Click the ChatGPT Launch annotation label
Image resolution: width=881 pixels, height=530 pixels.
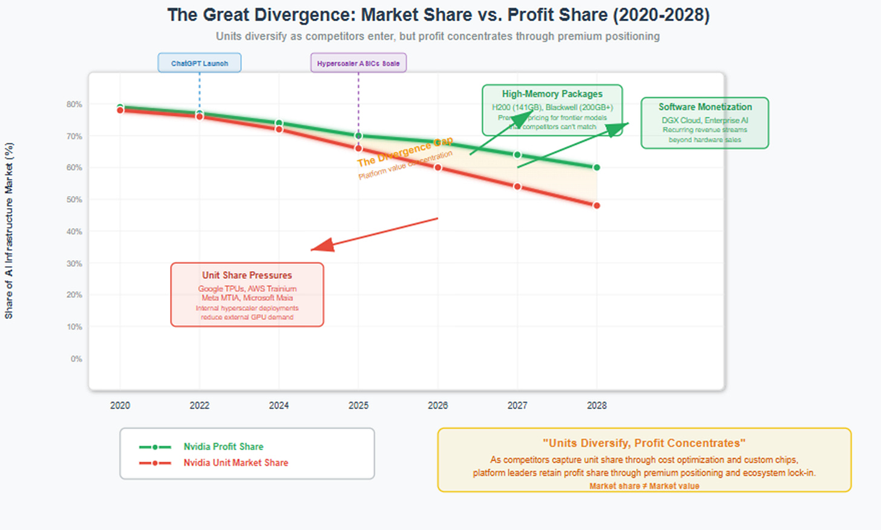click(199, 63)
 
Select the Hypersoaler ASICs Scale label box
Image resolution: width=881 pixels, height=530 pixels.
click(358, 63)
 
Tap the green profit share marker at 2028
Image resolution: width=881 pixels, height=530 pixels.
click(597, 168)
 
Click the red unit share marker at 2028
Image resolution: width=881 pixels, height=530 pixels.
click(597, 206)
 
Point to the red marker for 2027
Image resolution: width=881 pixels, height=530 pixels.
click(517, 186)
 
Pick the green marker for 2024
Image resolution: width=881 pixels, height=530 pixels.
click(279, 123)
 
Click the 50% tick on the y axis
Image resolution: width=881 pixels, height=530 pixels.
click(74, 200)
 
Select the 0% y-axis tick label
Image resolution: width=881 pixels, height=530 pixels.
click(76, 359)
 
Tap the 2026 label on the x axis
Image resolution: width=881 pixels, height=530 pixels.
click(437, 405)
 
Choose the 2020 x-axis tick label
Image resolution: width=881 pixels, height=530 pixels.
click(120, 405)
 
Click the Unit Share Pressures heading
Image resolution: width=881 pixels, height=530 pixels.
click(247, 275)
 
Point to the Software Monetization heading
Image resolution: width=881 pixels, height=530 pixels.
click(705, 107)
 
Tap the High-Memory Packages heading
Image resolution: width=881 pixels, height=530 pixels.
click(552, 94)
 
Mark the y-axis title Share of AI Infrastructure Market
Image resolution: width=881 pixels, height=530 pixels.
click(9, 231)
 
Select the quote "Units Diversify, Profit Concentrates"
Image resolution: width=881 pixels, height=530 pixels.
click(644, 443)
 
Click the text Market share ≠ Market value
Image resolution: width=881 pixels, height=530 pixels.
click(644, 486)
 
